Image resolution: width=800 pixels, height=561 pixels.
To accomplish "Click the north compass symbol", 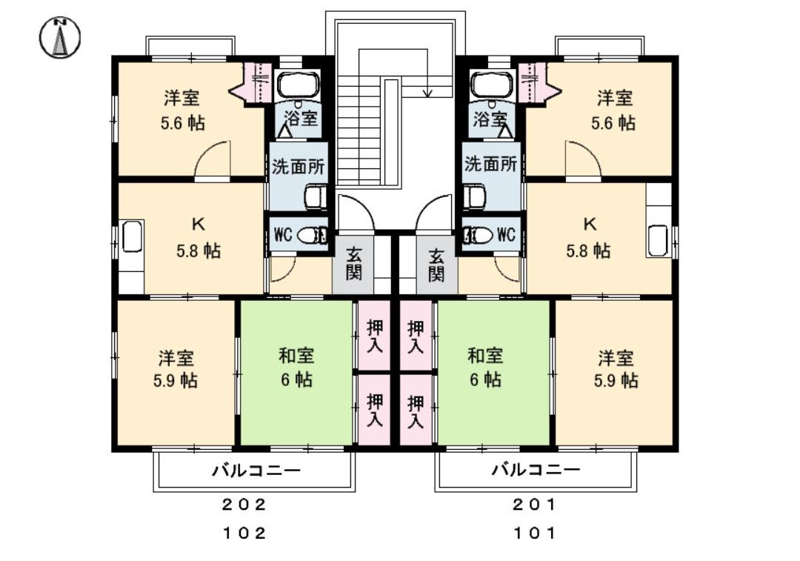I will pyautogui.click(x=60, y=38).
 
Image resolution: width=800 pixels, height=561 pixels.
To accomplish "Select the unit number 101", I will pyautogui.click(x=534, y=532).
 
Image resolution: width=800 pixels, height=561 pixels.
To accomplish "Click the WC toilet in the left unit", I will pyautogui.click(x=312, y=236).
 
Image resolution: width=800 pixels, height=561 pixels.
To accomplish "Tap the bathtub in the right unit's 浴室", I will pyautogui.click(x=493, y=84).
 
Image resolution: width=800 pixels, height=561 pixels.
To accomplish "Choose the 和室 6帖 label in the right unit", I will pyautogui.click(x=485, y=368).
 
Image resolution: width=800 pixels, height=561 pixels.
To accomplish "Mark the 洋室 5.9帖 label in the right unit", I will pyautogui.click(x=616, y=369).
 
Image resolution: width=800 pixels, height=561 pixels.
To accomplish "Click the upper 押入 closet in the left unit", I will pyautogui.click(x=375, y=336).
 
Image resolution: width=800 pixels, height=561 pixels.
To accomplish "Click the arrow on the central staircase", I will pyautogui.click(x=427, y=92).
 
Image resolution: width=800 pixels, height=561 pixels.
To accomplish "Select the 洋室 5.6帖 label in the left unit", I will pyautogui.click(x=183, y=110).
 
